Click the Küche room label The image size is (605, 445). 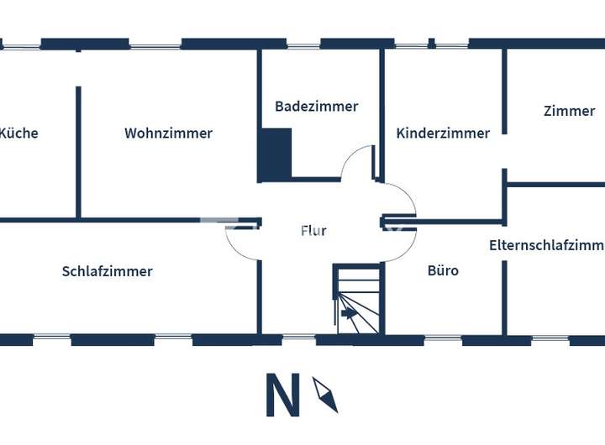[x=18, y=133]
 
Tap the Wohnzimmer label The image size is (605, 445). [x=168, y=133]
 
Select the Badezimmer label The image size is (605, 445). [x=316, y=107]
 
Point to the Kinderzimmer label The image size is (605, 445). [x=443, y=133]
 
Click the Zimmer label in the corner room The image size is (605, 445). [x=569, y=111]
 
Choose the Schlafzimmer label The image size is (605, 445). [x=107, y=271]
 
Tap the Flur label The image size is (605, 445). [x=313, y=230]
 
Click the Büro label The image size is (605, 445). [x=443, y=270]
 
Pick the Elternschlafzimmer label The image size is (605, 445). [x=546, y=245]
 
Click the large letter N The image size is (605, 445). [x=283, y=395]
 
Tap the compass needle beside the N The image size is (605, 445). [x=325, y=394]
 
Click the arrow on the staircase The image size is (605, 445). [x=348, y=314]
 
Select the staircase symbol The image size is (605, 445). [x=357, y=300]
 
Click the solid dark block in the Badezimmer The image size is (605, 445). [x=275, y=154]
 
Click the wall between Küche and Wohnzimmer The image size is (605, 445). [x=78, y=151]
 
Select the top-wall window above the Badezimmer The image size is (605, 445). [x=303, y=44]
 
